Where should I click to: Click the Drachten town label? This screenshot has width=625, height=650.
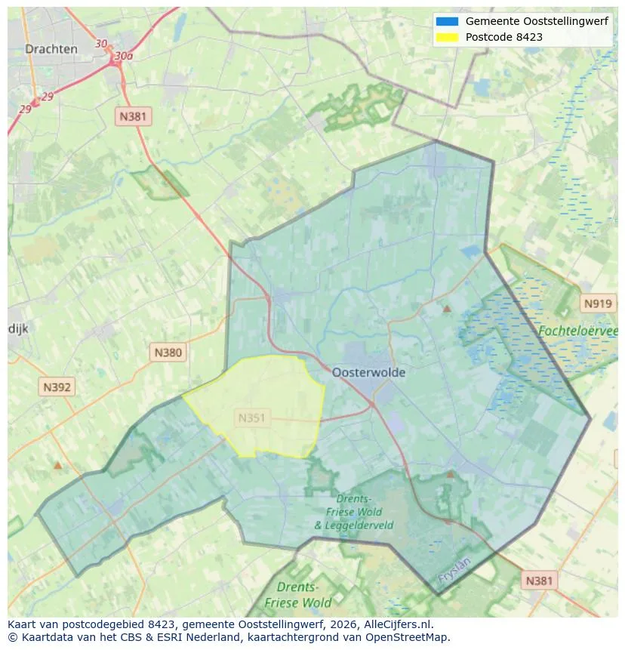[x=51, y=49]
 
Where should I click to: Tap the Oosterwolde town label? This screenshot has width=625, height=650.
[x=368, y=372]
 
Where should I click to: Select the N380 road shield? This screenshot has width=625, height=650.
[x=168, y=352]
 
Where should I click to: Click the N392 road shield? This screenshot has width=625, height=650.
[x=57, y=387]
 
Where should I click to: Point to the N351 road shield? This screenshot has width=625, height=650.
[x=252, y=417]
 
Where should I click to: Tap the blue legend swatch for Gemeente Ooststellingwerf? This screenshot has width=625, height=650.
[x=447, y=21]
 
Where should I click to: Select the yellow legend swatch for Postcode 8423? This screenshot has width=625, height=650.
[x=447, y=37]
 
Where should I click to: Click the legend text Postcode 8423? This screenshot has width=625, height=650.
[x=503, y=37]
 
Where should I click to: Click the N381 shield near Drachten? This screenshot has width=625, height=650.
[x=134, y=116]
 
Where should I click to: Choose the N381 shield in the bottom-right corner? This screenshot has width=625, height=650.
[x=539, y=580]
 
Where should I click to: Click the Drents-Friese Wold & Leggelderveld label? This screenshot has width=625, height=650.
[x=353, y=512]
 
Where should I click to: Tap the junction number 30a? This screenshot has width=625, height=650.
[x=124, y=56]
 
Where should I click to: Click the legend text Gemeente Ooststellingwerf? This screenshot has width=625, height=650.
[x=537, y=21]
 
